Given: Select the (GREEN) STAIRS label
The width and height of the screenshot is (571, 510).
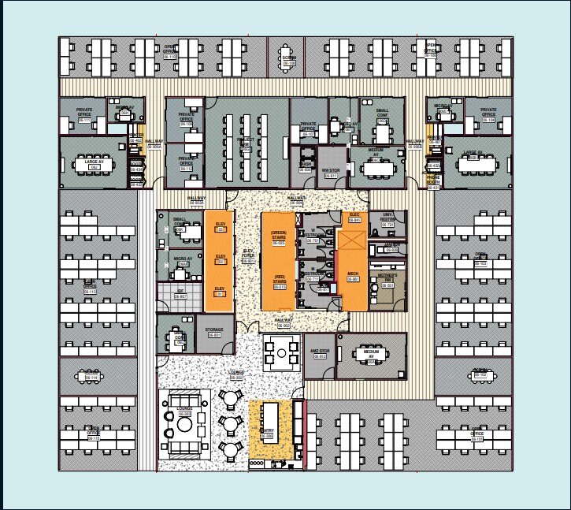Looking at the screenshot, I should point(278,235).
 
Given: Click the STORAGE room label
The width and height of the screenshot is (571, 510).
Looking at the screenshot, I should point(214,330).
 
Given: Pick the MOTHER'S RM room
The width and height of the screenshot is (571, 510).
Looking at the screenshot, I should point(387,277).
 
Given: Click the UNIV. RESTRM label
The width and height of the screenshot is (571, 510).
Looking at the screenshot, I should point(387,217).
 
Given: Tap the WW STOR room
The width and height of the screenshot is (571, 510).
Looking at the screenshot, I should point(331,171).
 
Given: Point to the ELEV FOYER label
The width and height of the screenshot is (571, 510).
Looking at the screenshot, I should point(248,252).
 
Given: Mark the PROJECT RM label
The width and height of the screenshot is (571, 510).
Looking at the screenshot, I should point(245,141).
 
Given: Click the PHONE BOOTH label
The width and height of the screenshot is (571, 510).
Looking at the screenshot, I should point(433,180).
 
